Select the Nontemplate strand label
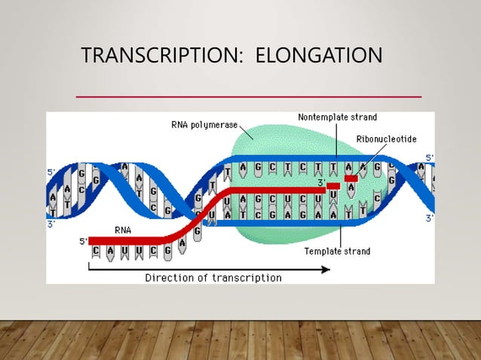click(337, 117)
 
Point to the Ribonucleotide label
click(386, 139)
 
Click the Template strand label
click(338, 252)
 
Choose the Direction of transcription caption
click(213, 278)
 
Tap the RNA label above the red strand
click(125, 229)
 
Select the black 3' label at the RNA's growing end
click(320, 182)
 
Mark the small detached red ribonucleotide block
click(350, 178)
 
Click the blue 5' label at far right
click(429, 157)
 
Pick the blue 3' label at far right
click(429, 219)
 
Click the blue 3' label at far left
click(51, 224)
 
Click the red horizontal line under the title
click(250, 97)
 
